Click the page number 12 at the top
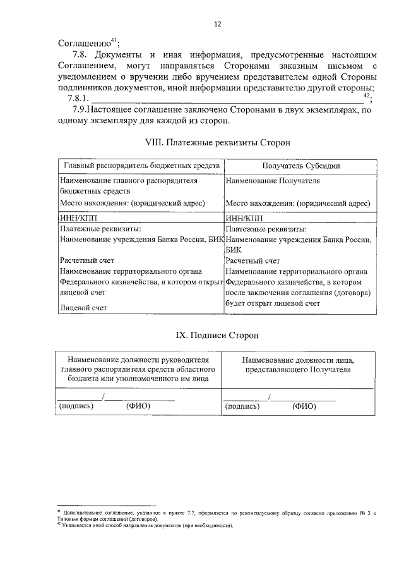click(x=217, y=25)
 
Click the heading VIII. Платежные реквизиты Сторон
click(x=217, y=143)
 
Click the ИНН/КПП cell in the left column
click(x=76, y=217)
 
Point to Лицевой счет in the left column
click(x=83, y=308)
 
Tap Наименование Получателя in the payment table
click(x=273, y=181)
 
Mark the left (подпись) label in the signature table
click(x=76, y=406)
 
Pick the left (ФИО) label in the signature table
click(x=138, y=406)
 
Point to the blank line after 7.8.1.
click(x=227, y=99)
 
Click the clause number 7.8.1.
click(x=78, y=99)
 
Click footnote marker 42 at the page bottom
click(x=59, y=525)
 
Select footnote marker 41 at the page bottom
click(x=59, y=510)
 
